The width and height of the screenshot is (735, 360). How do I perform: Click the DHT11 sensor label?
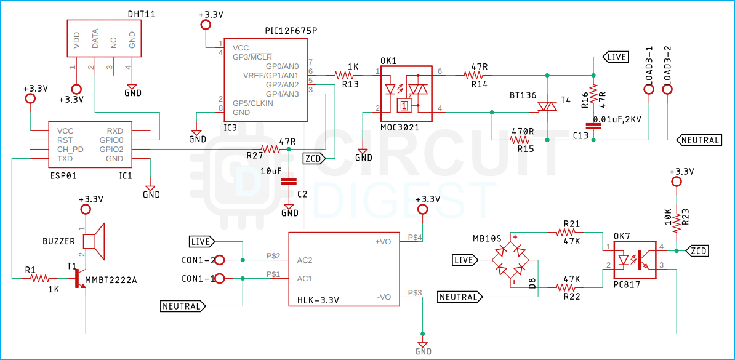click(x=141, y=13)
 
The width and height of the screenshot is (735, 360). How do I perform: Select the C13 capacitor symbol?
click(x=593, y=126)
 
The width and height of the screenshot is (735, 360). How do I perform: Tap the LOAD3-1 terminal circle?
click(x=649, y=90)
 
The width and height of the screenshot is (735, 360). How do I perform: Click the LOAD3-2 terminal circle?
click(x=668, y=90)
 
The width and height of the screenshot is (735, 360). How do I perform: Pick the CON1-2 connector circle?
click(x=219, y=260)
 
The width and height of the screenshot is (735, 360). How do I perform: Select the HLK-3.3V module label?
click(x=318, y=300)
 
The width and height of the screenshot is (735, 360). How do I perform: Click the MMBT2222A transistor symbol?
click(x=78, y=278)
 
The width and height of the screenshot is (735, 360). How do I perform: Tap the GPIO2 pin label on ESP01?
click(x=111, y=149)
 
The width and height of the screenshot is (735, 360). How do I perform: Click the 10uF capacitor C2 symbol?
click(x=289, y=182)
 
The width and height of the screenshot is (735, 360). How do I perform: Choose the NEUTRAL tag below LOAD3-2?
click(x=700, y=140)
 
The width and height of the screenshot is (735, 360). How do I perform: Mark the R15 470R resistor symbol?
click(x=523, y=140)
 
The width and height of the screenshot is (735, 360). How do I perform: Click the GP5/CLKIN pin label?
click(x=253, y=103)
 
